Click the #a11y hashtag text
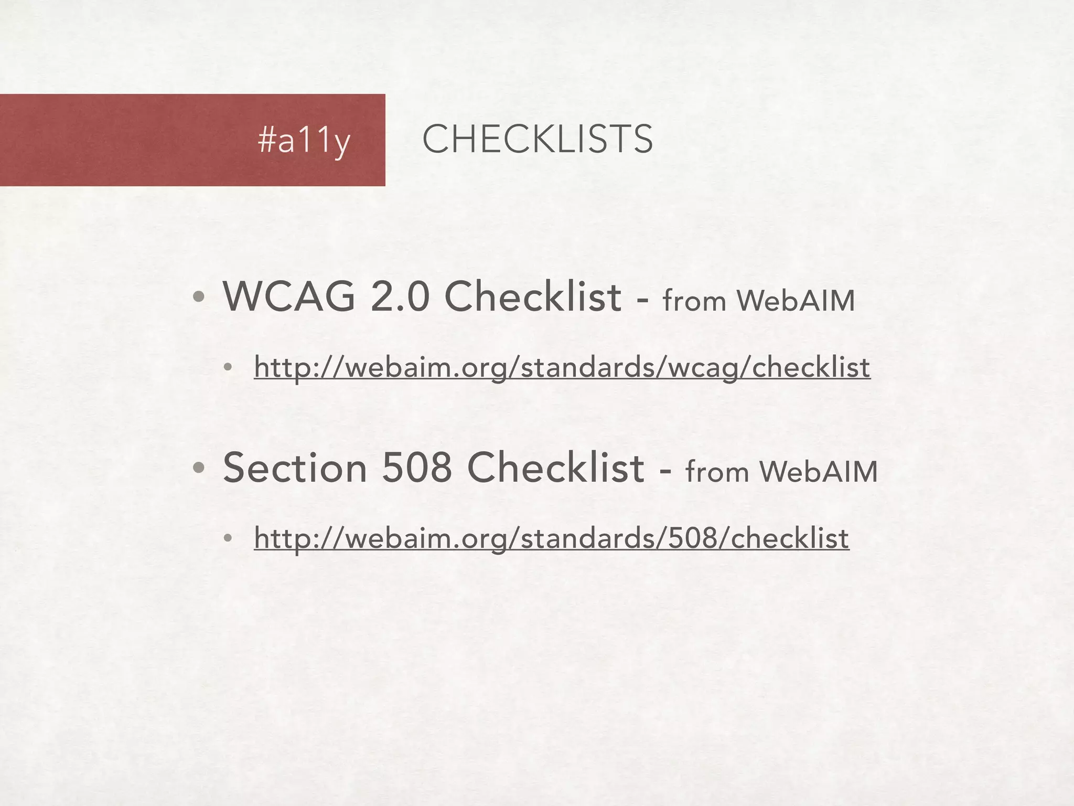[x=304, y=140]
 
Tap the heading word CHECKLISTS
[x=538, y=139]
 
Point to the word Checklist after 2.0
[x=533, y=297]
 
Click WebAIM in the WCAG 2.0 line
[x=796, y=301]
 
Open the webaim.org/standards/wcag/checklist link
[x=562, y=367]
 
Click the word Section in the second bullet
[x=295, y=468]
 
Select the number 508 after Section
[x=417, y=468]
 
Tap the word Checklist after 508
[x=555, y=468]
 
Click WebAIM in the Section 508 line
[x=819, y=471]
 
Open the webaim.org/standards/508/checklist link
[x=551, y=538]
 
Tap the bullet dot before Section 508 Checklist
[x=198, y=469]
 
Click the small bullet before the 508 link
[x=227, y=539]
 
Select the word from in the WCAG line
[x=694, y=301]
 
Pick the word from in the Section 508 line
[x=717, y=471]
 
